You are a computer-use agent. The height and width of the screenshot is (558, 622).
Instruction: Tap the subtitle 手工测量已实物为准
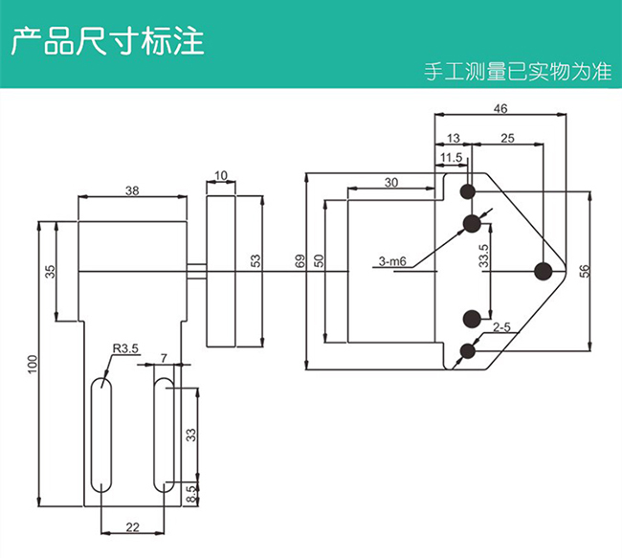point(518,73)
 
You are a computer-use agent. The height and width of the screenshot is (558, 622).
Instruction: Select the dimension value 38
point(131,190)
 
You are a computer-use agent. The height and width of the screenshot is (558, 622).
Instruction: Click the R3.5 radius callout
point(124,349)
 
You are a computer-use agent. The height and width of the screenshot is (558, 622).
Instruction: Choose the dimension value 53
point(255,260)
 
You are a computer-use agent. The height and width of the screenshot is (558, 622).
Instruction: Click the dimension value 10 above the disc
point(221,175)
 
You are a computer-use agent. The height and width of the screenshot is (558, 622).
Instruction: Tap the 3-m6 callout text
point(392,260)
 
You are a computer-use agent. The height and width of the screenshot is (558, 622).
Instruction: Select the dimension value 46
point(500,108)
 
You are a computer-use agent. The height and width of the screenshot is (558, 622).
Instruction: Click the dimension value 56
point(585,271)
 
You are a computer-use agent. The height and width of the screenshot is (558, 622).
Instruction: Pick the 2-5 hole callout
point(500,328)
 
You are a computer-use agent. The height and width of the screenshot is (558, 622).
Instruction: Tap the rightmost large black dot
point(544,272)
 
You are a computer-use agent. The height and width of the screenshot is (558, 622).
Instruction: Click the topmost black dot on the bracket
point(468,191)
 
